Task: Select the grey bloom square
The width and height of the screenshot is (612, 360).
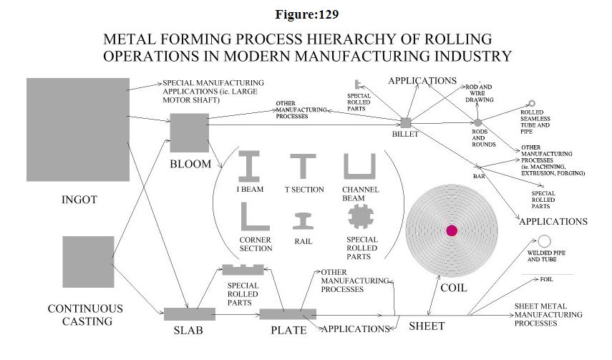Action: click(189, 133)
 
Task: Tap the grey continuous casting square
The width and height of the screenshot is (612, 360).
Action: click(88, 262)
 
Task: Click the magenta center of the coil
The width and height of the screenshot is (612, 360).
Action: click(451, 230)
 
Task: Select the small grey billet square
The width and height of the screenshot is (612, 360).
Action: click(406, 123)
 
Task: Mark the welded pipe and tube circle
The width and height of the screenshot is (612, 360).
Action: click(545, 241)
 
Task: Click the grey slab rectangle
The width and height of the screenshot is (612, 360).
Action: click(190, 313)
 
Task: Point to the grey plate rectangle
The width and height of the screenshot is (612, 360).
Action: click(287, 314)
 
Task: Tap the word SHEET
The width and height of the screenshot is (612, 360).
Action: click(426, 326)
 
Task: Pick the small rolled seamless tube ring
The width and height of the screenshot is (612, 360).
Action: click(532, 104)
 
